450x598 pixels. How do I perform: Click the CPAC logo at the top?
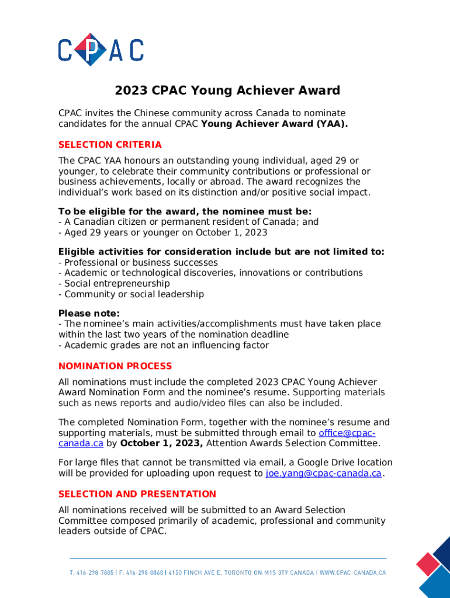(x=101, y=49)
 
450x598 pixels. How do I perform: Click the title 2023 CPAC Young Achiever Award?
(x=227, y=91)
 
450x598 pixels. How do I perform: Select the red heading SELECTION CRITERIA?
(x=110, y=145)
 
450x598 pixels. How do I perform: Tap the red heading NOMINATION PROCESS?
(x=115, y=366)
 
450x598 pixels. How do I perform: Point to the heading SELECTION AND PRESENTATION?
(x=137, y=494)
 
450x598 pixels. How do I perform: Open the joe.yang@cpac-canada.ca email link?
(x=323, y=474)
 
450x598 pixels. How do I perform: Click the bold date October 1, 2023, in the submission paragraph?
(x=161, y=443)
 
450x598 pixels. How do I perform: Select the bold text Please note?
(x=89, y=313)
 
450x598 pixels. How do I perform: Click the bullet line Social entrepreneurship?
(x=115, y=283)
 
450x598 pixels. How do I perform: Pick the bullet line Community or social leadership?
(x=131, y=294)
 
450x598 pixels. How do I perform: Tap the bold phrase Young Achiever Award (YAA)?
(x=274, y=124)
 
